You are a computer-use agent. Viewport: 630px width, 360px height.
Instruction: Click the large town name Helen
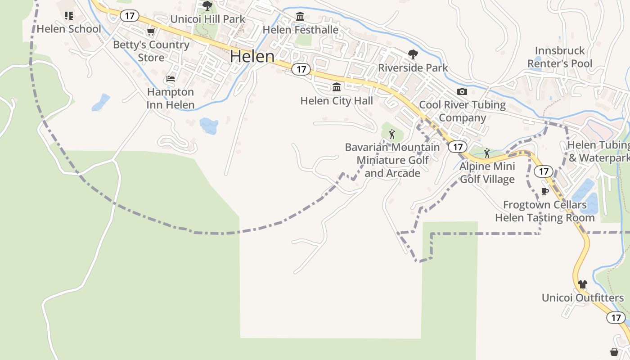(252, 57)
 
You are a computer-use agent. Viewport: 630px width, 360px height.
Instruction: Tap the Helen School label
(69, 29)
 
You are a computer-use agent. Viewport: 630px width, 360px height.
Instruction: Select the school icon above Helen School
(68, 16)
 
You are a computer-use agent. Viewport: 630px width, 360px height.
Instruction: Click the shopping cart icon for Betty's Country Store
(151, 32)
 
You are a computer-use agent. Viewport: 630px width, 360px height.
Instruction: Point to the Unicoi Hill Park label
(207, 19)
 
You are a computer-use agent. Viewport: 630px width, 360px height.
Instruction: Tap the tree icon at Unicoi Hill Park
(207, 6)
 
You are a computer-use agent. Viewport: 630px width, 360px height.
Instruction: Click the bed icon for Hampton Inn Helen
(171, 79)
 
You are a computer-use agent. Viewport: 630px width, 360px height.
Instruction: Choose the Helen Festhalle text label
(300, 30)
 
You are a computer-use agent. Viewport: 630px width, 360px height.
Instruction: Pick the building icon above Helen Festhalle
(300, 17)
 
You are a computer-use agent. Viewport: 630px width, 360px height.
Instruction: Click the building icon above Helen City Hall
(337, 87)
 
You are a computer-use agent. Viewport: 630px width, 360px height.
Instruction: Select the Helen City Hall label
(337, 100)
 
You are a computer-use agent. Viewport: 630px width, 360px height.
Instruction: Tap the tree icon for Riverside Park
(413, 55)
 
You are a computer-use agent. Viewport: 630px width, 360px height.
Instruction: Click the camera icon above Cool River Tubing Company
(462, 92)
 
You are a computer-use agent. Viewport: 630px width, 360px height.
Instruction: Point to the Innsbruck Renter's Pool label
(560, 57)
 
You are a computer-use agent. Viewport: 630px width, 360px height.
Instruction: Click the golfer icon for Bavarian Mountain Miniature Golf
(392, 134)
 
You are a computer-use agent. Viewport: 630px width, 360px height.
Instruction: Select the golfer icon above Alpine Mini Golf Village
(487, 153)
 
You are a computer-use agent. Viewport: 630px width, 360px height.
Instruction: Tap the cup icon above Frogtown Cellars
(545, 192)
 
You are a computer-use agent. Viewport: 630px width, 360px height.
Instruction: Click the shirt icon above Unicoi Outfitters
(583, 284)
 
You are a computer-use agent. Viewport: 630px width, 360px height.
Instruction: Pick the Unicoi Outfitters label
(583, 298)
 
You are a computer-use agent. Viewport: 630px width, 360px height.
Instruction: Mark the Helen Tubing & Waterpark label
(599, 152)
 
